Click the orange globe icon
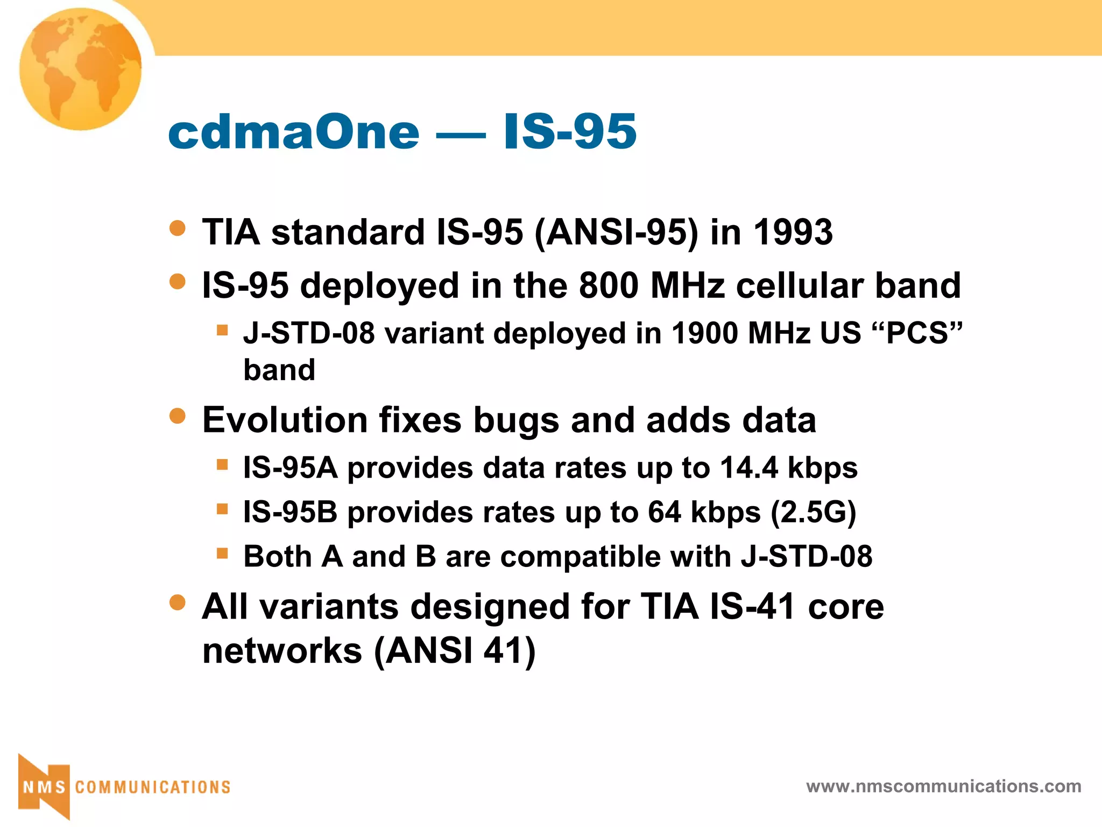click(81, 69)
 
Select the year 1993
click(793, 233)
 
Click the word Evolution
click(285, 420)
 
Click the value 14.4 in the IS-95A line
click(748, 467)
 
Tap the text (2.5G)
click(813, 512)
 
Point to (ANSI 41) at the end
click(455, 651)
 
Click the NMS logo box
click(44, 787)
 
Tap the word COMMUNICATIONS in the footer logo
click(153, 788)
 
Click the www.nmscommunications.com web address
click(943, 787)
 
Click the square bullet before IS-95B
click(222, 509)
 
